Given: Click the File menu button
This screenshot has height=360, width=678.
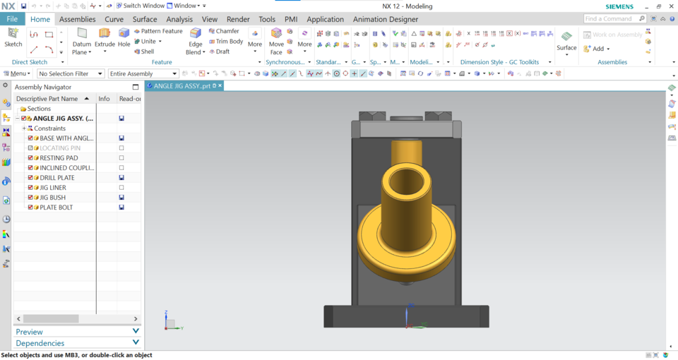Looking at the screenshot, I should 12,19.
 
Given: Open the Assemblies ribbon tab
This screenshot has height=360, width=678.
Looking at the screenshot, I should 77,19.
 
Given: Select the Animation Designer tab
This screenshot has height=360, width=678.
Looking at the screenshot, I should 385,19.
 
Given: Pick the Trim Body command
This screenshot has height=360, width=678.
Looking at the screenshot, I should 225,42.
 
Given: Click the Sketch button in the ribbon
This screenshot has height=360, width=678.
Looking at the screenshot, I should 13,37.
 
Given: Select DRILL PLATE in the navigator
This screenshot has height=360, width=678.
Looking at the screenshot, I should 56,178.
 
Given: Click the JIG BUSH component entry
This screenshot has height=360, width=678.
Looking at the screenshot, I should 52,198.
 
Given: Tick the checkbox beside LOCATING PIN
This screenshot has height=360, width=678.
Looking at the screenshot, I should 30,148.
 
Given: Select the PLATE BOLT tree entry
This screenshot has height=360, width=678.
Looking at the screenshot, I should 56,208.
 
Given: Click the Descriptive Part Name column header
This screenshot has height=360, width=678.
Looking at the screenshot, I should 47,99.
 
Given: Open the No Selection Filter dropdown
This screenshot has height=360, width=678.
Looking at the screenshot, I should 71,73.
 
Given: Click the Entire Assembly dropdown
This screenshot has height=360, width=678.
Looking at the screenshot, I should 143,73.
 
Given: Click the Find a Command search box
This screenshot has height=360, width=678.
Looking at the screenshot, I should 611,18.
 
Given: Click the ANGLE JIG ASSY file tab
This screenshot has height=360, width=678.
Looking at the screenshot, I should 183,85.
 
